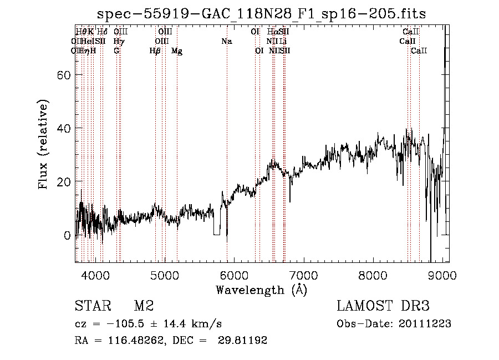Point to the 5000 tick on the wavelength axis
[164, 274]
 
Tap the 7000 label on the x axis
[303, 274]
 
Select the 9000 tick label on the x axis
[442, 274]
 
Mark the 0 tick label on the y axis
[68, 235]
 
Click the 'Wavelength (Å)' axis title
[262, 290]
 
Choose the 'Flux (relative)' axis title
[44, 144]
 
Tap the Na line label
[226, 41]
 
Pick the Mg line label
[177, 51]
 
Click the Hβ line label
[155, 51]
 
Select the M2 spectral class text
[144, 306]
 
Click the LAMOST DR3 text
[383, 306]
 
